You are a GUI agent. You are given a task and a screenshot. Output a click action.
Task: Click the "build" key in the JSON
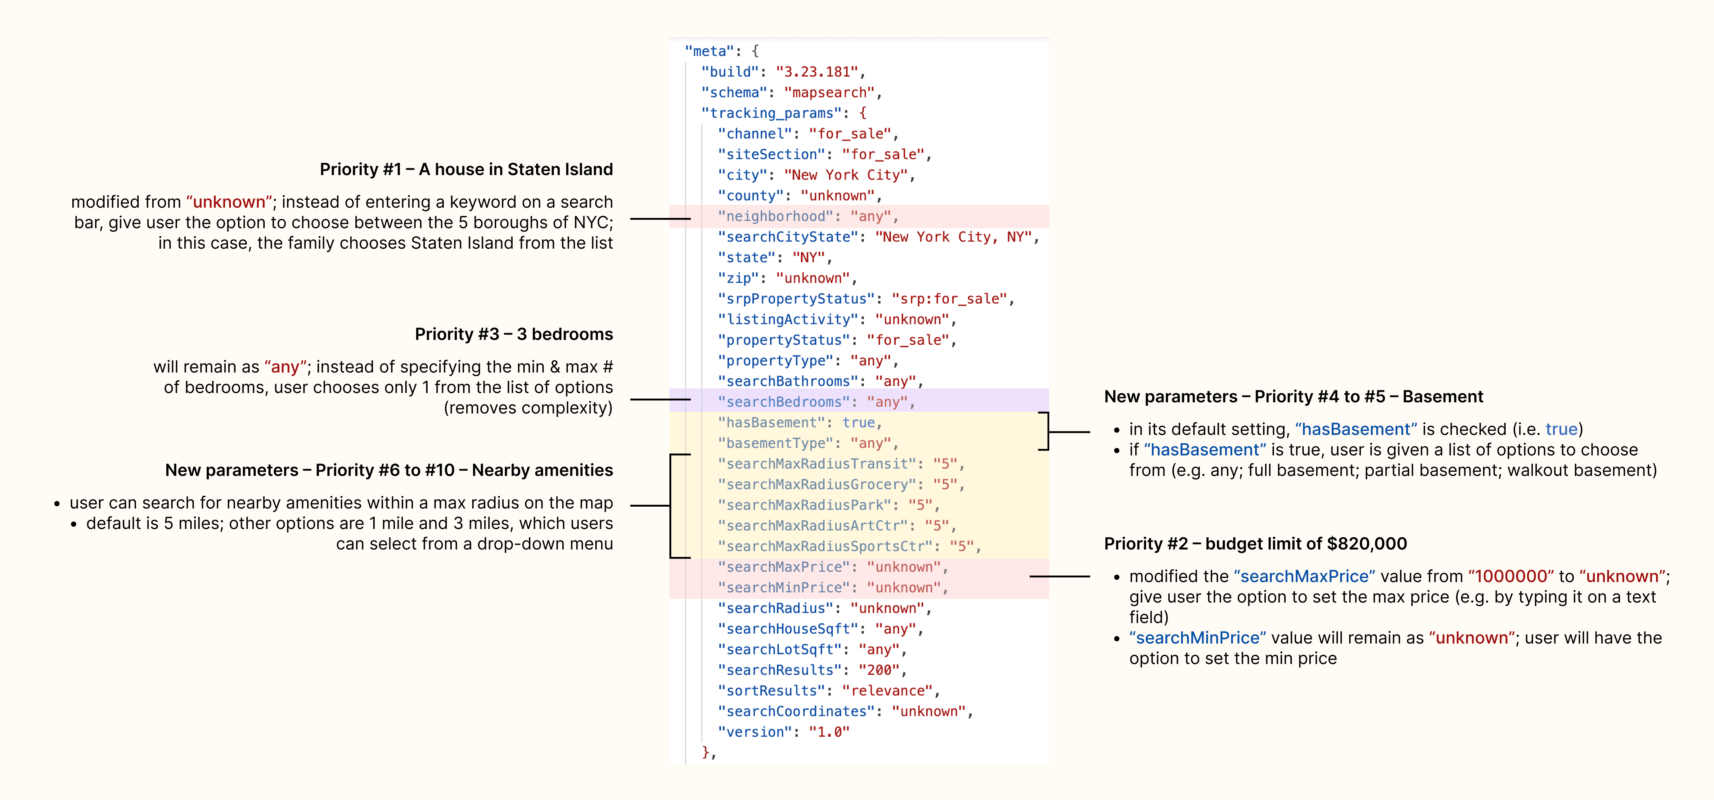tap(730, 72)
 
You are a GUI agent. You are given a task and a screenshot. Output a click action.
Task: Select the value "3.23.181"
tap(817, 72)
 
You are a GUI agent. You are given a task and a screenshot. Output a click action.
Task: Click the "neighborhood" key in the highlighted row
tap(775, 216)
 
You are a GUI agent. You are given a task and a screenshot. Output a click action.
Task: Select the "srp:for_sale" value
tap(950, 299)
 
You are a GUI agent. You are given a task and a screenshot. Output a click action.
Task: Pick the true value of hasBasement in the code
tap(858, 423)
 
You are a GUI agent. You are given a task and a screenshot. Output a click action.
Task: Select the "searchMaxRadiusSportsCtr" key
tap(825, 546)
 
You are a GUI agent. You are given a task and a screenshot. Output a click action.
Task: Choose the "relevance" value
tap(887, 691)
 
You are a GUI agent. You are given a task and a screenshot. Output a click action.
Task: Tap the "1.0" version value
tap(829, 732)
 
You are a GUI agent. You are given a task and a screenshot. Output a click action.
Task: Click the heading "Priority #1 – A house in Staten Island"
tap(466, 170)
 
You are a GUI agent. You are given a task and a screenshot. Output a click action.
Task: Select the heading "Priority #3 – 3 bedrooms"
tap(514, 334)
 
